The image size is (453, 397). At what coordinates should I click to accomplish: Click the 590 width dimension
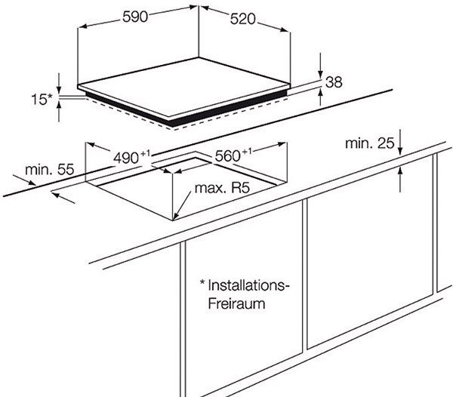coord(135,17)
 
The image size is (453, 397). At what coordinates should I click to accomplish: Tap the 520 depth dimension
coord(243,19)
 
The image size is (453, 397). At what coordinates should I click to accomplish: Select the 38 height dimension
coord(334,82)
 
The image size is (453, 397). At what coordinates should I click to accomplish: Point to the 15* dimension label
coord(42,100)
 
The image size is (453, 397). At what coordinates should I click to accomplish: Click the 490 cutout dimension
coord(126,158)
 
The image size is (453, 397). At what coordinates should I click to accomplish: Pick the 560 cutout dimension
coord(228,156)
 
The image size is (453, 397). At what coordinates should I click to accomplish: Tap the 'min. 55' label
coord(50,170)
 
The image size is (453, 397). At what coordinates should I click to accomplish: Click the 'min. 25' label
coord(370,143)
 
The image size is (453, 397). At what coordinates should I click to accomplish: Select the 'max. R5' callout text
coord(222,188)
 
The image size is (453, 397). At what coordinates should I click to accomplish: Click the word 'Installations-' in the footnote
coord(248,285)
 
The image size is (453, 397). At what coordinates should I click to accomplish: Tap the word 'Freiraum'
coord(236,303)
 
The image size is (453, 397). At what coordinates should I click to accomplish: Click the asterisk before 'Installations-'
coord(202,282)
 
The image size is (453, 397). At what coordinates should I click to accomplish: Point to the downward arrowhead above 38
coord(320,73)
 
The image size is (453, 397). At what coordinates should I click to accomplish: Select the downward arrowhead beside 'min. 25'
coord(400,150)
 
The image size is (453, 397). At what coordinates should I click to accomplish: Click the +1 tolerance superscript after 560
coord(247,152)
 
